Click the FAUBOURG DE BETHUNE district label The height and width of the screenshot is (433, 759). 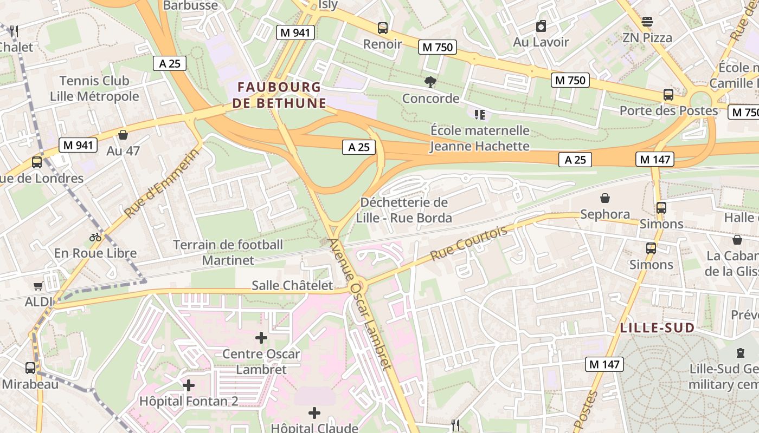pyautogui.click(x=279, y=95)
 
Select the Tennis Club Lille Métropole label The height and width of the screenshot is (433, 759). pyautogui.click(x=94, y=89)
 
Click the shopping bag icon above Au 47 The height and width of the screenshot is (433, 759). pyautogui.click(x=123, y=135)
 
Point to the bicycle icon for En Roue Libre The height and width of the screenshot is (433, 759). pyautogui.click(x=95, y=237)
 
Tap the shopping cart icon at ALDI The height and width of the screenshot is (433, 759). pyautogui.click(x=38, y=286)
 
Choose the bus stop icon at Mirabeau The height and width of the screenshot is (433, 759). pyautogui.click(x=30, y=368)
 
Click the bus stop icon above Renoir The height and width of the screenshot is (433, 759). pyautogui.click(x=383, y=28)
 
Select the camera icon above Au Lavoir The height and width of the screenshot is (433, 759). pyautogui.click(x=541, y=26)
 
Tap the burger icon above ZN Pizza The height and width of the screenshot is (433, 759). pyautogui.click(x=647, y=22)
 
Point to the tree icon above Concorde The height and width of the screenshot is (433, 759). pyautogui.click(x=430, y=82)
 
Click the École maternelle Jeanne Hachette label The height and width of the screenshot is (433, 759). pyautogui.click(x=480, y=138)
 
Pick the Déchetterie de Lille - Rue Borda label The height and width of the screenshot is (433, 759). pyautogui.click(x=404, y=210)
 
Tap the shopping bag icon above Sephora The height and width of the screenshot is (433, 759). pyautogui.click(x=605, y=198)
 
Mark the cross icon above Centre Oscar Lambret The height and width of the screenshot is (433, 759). pyautogui.click(x=261, y=338)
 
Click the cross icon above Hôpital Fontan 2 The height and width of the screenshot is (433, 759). pyautogui.click(x=189, y=385)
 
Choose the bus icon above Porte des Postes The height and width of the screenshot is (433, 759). pyautogui.click(x=668, y=94)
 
